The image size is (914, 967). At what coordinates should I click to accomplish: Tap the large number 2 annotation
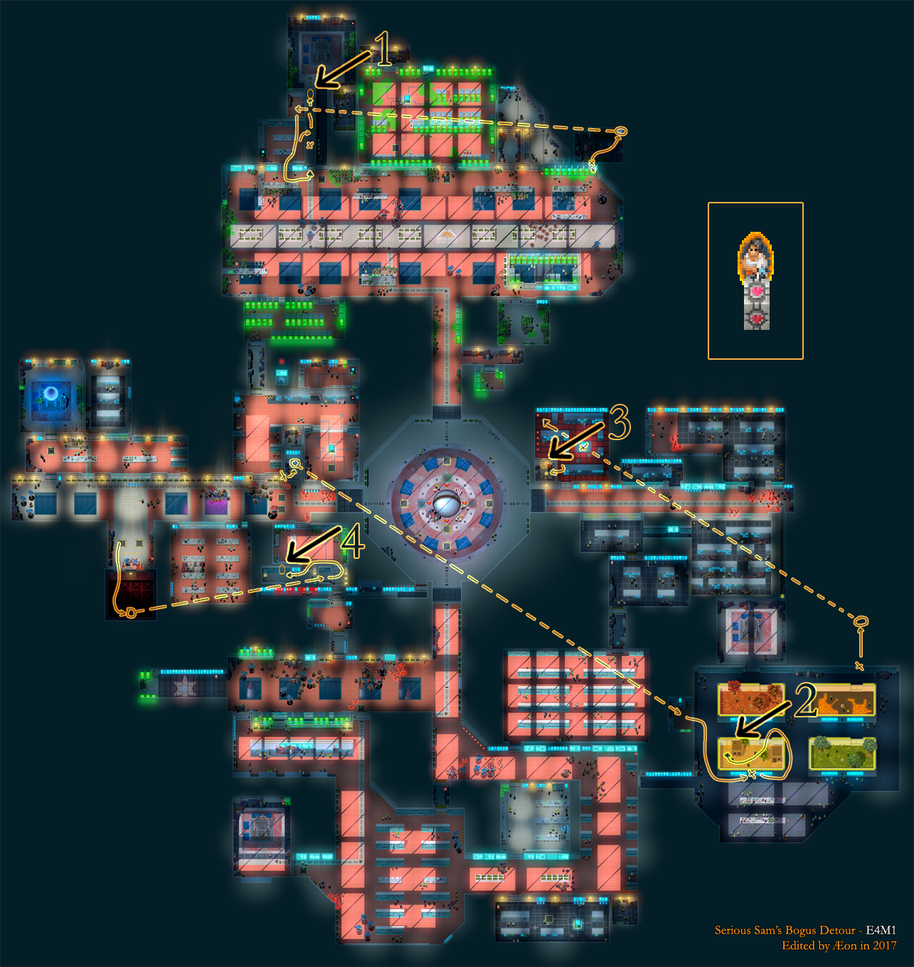click(x=806, y=700)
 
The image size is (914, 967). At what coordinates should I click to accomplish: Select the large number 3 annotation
click(x=620, y=422)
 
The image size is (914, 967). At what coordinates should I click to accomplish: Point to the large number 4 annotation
click(x=354, y=543)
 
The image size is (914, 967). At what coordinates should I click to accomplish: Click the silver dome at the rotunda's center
click(x=446, y=506)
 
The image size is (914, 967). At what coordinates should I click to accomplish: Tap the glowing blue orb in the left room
click(x=51, y=393)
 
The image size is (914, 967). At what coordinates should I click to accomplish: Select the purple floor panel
click(x=216, y=503)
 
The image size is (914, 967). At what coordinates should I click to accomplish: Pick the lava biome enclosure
click(x=843, y=700)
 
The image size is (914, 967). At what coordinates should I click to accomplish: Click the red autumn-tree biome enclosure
click(x=751, y=700)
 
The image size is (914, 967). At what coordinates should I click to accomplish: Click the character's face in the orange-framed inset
click(x=755, y=251)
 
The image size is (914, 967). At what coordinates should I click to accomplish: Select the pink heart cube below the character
click(x=757, y=291)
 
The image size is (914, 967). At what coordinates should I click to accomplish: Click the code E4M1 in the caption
click(x=881, y=930)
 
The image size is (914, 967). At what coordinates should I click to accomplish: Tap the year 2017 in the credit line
click(x=884, y=946)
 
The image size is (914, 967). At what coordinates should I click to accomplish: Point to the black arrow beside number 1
click(x=343, y=69)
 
